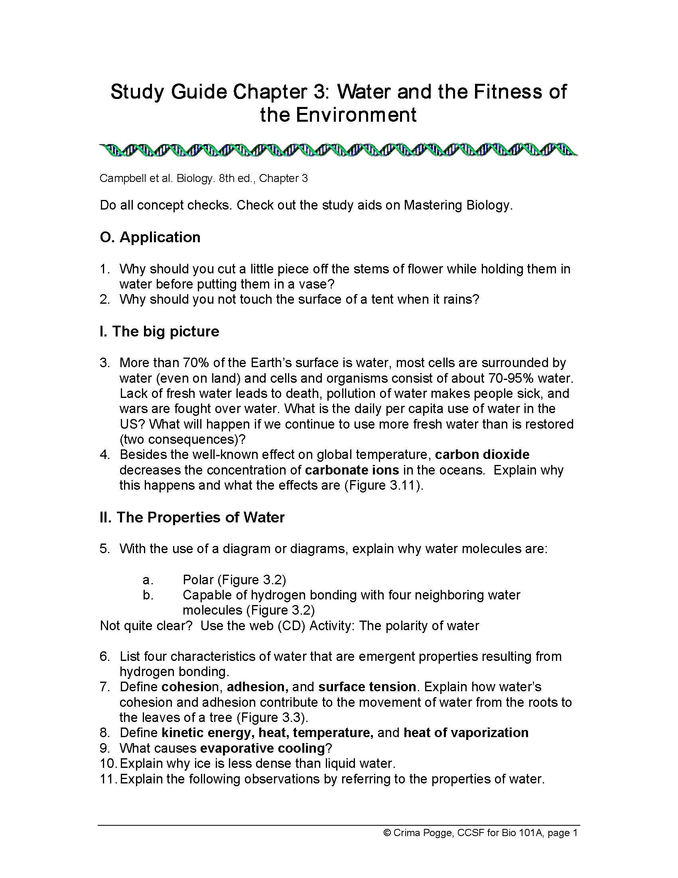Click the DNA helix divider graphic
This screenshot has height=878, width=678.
click(x=339, y=150)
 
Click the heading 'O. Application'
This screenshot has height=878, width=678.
click(x=150, y=237)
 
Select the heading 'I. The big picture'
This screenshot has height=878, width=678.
click(x=160, y=331)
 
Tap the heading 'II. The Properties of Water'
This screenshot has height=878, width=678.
click(x=192, y=517)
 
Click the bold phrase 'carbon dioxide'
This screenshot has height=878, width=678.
click(x=482, y=454)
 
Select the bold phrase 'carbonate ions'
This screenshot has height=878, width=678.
click(x=352, y=470)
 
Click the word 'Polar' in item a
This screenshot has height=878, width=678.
click(x=199, y=580)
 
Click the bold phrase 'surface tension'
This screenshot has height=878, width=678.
click(x=367, y=687)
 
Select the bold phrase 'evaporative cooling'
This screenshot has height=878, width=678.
click(x=262, y=748)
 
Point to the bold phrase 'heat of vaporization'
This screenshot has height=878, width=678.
click(x=466, y=733)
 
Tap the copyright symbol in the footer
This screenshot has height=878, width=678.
click(x=388, y=833)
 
